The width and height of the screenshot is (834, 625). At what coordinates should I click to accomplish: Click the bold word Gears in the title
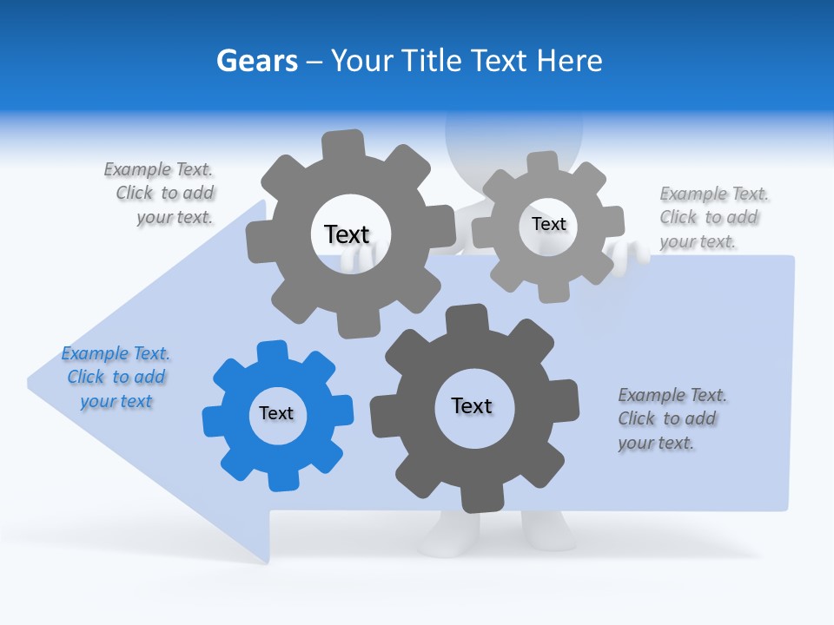click(257, 62)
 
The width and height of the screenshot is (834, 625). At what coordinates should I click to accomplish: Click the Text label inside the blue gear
click(276, 414)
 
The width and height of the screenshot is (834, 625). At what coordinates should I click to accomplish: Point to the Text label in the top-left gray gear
click(347, 234)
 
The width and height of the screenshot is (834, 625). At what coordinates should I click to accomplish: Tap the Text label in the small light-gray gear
click(548, 224)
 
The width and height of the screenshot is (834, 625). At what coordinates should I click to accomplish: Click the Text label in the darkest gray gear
click(472, 405)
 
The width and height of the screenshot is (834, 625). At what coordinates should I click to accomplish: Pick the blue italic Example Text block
click(116, 378)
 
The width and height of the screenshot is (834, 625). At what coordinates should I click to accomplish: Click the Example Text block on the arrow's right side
click(671, 419)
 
